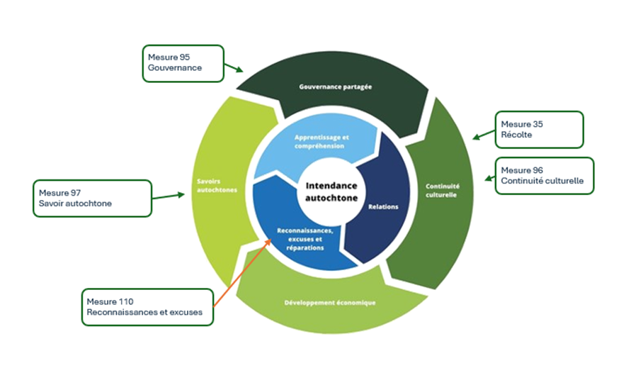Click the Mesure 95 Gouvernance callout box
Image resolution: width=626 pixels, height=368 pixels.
(183, 62)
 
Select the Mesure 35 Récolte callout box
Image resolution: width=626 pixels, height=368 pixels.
(538, 129)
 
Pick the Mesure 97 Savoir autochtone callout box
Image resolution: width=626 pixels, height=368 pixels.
(92, 198)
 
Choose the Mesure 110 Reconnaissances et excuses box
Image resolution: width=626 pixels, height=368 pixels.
(147, 306)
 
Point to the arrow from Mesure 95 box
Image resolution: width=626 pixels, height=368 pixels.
(234, 67)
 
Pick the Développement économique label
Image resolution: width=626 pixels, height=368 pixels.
(330, 303)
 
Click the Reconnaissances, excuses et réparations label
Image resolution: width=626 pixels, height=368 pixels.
(300, 240)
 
